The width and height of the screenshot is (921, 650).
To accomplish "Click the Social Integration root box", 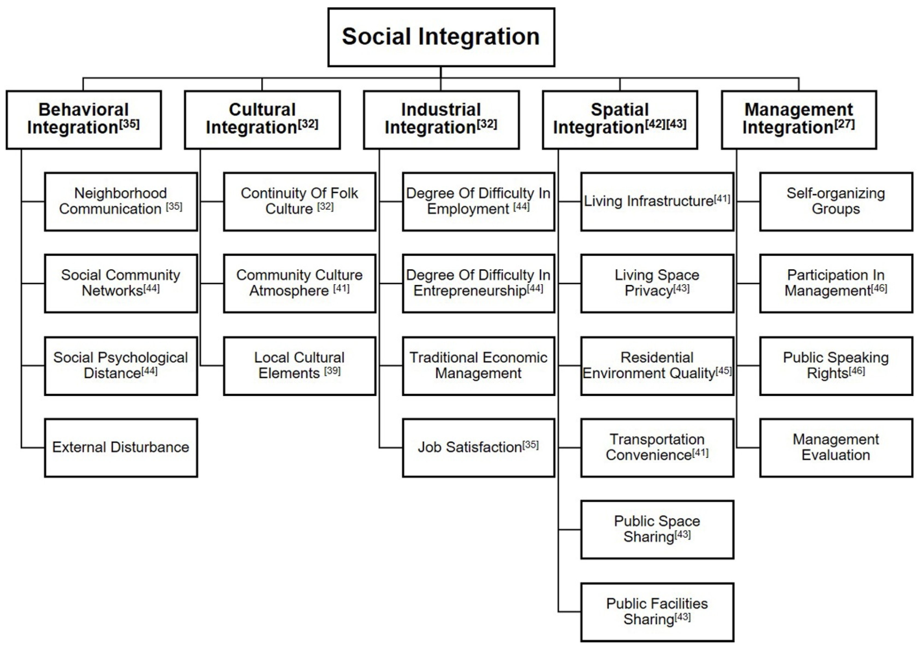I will tap(441, 37).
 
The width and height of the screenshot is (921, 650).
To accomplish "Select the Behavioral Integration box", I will tap(84, 120).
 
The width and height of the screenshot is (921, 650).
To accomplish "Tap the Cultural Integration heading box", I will tap(262, 120).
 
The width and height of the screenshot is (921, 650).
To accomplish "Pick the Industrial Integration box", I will tap(441, 120).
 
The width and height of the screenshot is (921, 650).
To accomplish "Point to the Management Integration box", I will tap(799, 120).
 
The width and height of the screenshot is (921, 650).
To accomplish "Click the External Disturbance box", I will tap(121, 448).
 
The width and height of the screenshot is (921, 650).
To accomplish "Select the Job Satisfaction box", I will tap(478, 448).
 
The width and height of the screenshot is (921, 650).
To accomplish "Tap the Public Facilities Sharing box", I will tap(657, 612).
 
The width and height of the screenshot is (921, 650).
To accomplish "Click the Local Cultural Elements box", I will tap(300, 366).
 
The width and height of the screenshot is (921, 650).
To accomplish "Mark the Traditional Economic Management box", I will tap(478, 366).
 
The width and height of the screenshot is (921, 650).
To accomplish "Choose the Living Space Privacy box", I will tap(657, 283).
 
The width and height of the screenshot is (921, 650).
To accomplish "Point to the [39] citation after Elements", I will tap(332, 370).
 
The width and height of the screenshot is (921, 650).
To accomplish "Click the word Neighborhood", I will tap(120, 193).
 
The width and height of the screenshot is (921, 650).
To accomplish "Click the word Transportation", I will tap(657, 439).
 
